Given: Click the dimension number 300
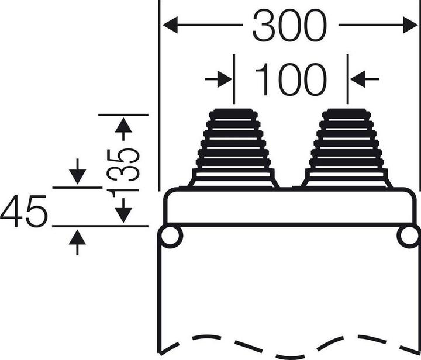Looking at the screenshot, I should [289, 26].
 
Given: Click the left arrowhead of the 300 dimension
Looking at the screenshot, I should [170, 25].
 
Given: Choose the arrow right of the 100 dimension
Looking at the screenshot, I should [357, 78].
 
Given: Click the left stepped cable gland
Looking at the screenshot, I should [233, 149].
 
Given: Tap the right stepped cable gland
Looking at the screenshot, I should [347, 149].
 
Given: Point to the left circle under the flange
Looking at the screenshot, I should [171, 237].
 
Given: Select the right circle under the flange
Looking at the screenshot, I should [408, 237].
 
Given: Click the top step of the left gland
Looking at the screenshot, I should [233, 112].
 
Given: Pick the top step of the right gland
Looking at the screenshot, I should [347, 112].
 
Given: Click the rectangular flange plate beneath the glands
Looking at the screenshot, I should [289, 206].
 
